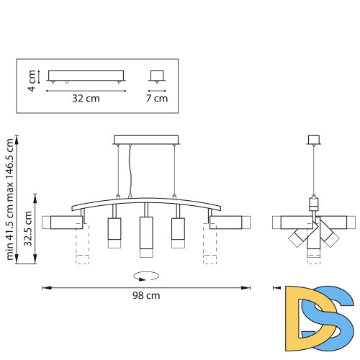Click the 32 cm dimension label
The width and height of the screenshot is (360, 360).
86,99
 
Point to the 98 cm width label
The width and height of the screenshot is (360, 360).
146,296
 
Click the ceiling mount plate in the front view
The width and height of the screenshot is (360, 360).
145,139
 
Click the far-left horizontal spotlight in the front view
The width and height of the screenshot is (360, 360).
63,223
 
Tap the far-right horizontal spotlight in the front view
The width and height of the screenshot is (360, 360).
230,223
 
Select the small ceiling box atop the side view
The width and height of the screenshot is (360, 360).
313,139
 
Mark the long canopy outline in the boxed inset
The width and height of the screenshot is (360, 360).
86,76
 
